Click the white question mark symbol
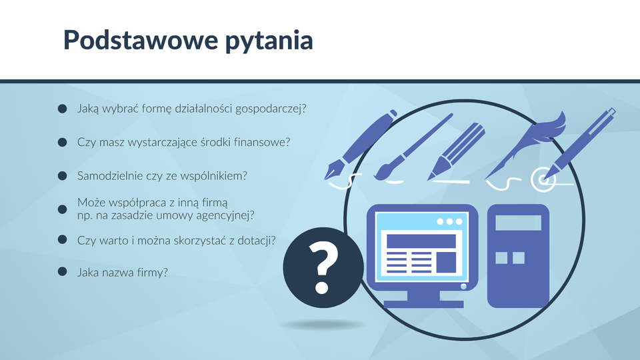[323, 267]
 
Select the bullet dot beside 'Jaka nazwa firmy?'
[62, 271]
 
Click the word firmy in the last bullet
[152, 272]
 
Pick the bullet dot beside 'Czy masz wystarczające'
[62, 142]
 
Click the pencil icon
[456, 151]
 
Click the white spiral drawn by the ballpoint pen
[543, 179]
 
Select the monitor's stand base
[424, 304]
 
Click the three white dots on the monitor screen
[449, 221]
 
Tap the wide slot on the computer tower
[519, 223]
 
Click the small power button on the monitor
[463, 286]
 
